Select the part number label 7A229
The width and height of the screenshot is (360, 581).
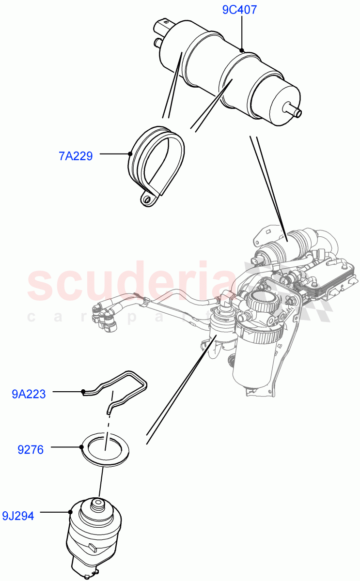(76, 156)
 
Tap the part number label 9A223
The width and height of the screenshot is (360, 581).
(29, 394)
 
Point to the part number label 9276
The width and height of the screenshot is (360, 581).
(31, 450)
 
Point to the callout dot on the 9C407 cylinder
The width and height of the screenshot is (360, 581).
(242, 50)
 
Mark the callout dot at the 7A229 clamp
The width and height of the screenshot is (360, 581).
(130, 154)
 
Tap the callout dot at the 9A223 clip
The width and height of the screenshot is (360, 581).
(83, 391)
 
